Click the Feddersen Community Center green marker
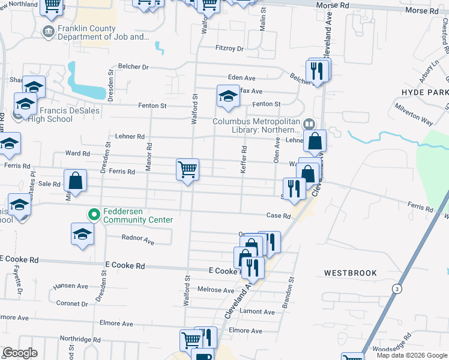click(x=94, y=214)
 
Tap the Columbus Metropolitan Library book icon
click(x=309, y=124)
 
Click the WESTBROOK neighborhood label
click(x=351, y=273)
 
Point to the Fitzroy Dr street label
click(x=230, y=49)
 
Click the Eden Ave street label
click(x=242, y=78)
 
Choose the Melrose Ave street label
click(x=216, y=290)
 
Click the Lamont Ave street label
click(x=257, y=311)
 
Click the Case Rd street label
click(x=279, y=216)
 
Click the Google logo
click(x=19, y=353)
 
